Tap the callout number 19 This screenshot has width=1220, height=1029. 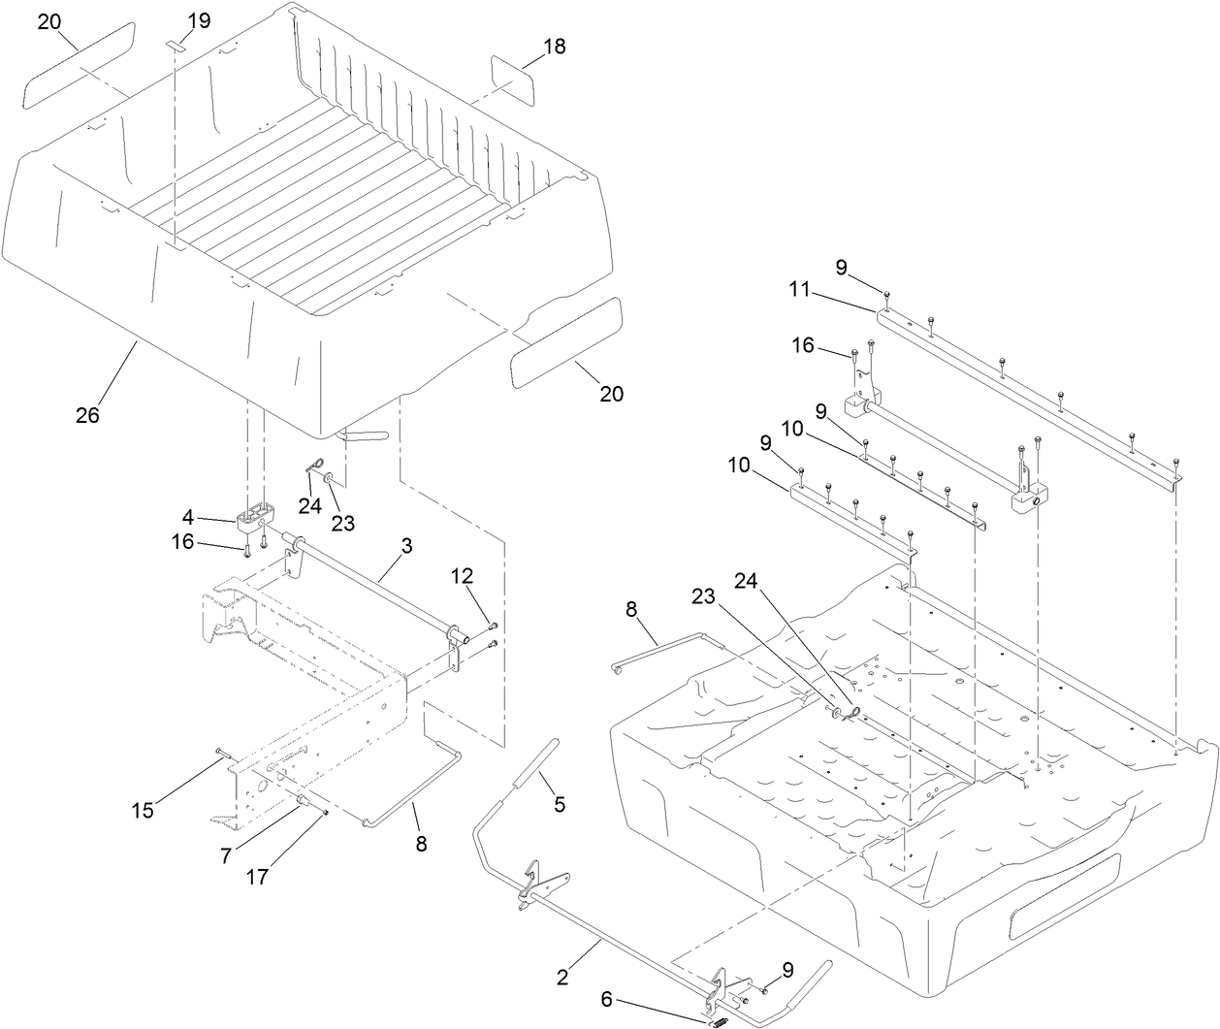point(198,19)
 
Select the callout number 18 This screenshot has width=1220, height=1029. point(555,47)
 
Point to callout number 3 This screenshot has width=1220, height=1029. point(406,546)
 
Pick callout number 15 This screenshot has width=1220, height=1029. point(143,811)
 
